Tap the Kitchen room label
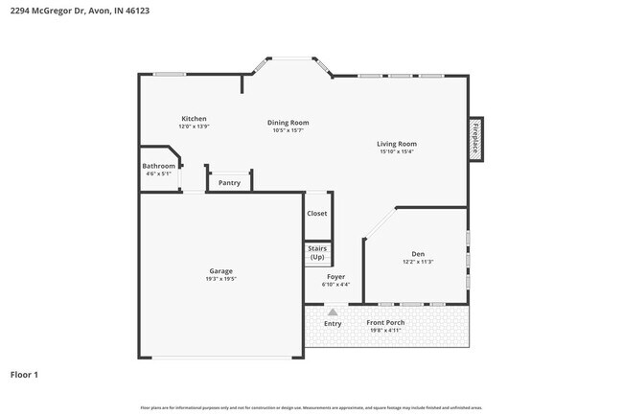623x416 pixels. click(x=194, y=119)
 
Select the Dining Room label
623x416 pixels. click(x=288, y=123)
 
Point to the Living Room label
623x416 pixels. click(x=396, y=144)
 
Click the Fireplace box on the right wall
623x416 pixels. click(x=474, y=138)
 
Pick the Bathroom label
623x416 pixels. click(x=159, y=166)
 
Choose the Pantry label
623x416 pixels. click(x=229, y=182)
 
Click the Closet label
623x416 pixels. click(x=317, y=214)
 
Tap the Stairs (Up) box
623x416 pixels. click(x=317, y=254)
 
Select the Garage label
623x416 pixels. click(x=221, y=271)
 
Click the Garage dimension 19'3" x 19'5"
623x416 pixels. click(x=221, y=279)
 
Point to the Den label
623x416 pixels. click(x=418, y=254)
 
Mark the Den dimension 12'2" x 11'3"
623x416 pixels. click(x=418, y=262)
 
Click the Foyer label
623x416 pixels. click(x=336, y=277)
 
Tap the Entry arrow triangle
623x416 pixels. click(x=333, y=312)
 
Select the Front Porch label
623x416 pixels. click(x=385, y=322)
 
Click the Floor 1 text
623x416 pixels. click(x=24, y=374)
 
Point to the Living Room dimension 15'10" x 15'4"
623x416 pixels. click(x=396, y=151)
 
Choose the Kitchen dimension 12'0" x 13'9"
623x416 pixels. click(x=194, y=127)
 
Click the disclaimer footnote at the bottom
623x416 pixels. click(x=311, y=407)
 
